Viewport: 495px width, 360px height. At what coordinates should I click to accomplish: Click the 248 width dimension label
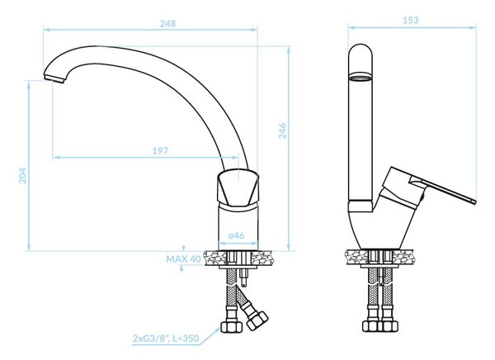point(167,24)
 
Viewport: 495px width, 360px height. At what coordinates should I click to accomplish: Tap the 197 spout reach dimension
point(160,151)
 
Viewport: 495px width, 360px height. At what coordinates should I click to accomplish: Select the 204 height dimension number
point(23,176)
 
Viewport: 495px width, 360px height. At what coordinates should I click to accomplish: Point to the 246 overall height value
point(282,130)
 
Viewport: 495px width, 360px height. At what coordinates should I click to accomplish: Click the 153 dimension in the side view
point(410,20)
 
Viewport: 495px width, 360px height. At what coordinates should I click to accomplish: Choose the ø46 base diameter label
point(236,235)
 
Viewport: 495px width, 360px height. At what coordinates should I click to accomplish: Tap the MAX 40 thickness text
point(183,259)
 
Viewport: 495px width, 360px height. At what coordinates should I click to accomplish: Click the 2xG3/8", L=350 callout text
point(166,339)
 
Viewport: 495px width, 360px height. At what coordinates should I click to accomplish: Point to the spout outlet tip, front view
point(54,78)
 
